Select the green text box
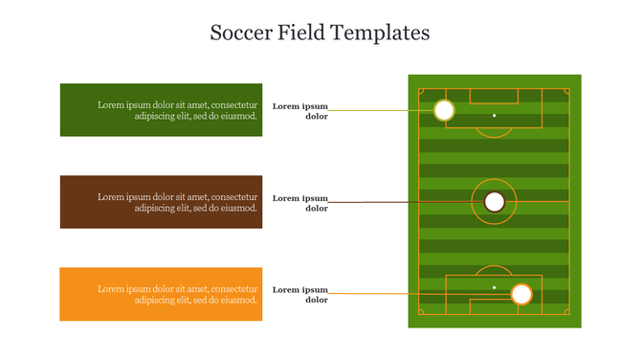161,110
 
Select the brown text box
161,202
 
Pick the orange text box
161,294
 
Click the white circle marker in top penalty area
444,110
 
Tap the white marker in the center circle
494,202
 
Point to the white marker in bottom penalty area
521,294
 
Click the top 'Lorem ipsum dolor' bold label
300,111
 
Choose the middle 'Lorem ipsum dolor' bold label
300,203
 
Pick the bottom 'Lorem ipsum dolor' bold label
300,294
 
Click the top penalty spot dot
495,116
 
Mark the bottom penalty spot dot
495,287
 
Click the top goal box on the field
494,96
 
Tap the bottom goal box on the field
494,306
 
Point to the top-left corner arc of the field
421,92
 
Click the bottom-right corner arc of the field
566,312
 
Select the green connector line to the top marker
383,110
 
